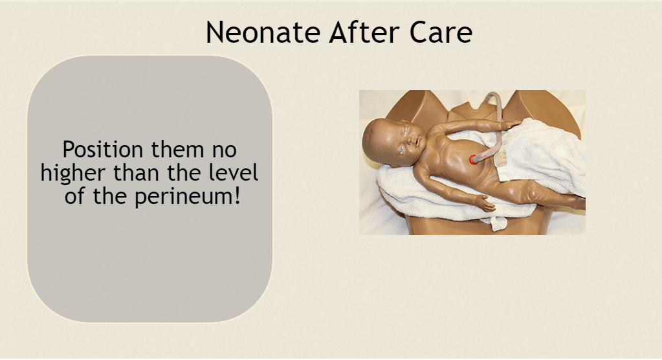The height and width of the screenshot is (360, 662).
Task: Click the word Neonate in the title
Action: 263,32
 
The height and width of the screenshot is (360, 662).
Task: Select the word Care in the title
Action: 440,32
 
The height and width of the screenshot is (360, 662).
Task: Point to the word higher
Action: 72,174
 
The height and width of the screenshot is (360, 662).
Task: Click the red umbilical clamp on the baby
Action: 473,159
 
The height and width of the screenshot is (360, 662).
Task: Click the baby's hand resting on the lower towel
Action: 485,203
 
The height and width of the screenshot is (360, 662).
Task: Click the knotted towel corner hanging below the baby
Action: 499,223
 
